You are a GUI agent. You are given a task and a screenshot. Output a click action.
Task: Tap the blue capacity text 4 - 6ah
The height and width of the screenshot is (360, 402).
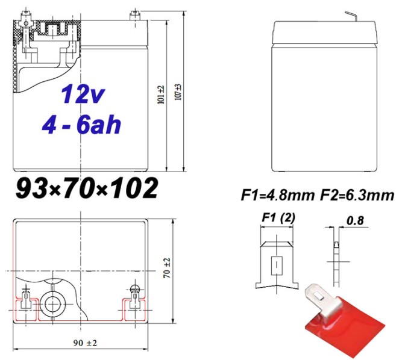pos(82,125)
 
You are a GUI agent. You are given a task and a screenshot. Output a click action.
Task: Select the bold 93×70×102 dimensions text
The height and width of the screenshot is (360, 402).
pos(86,188)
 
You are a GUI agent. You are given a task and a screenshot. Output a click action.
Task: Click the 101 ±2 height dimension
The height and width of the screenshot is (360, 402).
pos(161,95)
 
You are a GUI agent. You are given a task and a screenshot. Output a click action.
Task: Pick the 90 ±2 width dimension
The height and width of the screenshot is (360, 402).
pos(84,343)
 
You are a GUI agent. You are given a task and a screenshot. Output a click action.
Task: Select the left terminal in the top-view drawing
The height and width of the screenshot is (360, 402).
pos(27,299)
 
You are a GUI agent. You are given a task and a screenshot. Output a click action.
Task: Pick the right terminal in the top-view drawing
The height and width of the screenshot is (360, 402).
pos(134,297)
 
